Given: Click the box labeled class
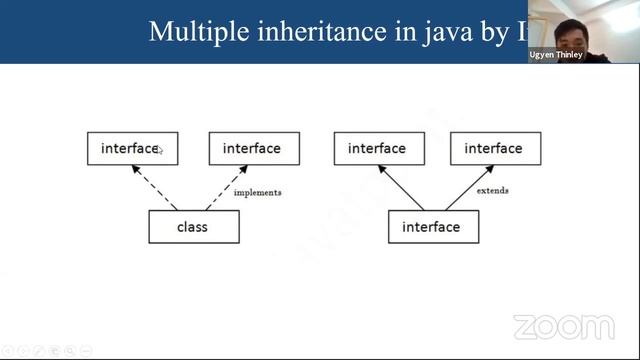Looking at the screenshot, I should coord(193,227).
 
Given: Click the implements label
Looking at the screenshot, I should coord(257,192).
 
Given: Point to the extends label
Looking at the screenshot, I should coord(492,190).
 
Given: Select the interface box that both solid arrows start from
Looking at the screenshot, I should coord(432,227).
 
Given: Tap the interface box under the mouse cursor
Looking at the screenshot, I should coord(132,149).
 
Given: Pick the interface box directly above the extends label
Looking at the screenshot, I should coord(494,149).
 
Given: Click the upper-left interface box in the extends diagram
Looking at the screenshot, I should coord(377,149).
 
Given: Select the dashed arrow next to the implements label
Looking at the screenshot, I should coord(225,189).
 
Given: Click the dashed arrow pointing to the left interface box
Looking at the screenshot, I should coord(154,188).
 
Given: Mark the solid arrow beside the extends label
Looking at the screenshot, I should coord(466,189).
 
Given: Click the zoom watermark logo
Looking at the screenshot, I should coord(564,327).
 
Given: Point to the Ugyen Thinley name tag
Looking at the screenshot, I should coord(556,55).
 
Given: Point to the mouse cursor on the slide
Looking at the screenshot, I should coord(161,151).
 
